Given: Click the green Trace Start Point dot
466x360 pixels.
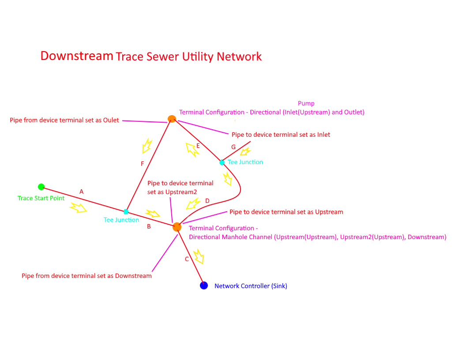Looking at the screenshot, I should click(x=41, y=187).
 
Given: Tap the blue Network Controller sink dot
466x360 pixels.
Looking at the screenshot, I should click(x=204, y=285).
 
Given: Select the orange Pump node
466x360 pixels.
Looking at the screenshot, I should click(x=172, y=119).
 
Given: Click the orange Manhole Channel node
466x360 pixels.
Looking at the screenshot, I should click(x=177, y=227).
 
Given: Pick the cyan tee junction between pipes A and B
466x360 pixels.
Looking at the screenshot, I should click(x=126, y=212).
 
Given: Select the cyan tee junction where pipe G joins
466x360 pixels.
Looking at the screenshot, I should click(x=222, y=162).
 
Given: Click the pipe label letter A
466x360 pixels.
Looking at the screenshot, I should click(x=81, y=191).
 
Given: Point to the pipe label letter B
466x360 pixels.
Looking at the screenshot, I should click(x=149, y=226).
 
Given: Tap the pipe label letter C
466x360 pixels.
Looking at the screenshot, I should click(x=187, y=259).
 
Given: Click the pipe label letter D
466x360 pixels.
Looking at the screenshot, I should click(x=207, y=201).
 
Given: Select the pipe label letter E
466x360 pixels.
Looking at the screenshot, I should click(x=198, y=146).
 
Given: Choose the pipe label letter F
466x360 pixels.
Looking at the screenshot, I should click(x=142, y=164).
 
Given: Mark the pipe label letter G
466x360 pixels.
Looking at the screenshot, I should click(x=233, y=147).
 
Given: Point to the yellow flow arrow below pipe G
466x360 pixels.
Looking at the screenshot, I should click(x=244, y=152).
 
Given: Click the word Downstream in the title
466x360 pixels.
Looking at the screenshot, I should click(x=77, y=56).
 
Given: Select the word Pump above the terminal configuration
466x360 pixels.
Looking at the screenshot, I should click(x=306, y=103).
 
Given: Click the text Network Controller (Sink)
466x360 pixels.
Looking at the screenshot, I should click(x=251, y=286).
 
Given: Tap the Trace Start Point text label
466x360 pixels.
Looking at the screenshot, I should click(x=41, y=198).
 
